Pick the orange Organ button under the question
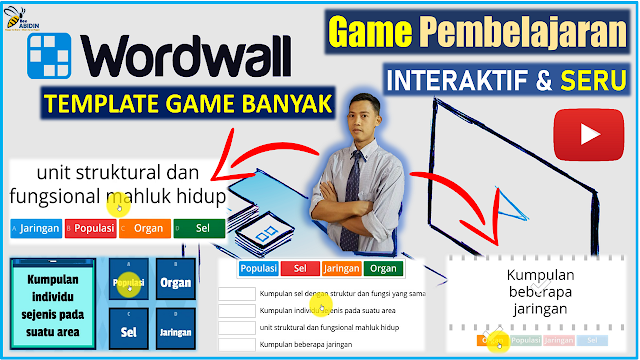pyautogui.click(x=144, y=228)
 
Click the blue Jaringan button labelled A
pyautogui.click(x=36, y=228)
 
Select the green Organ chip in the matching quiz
pyautogui.click(x=382, y=268)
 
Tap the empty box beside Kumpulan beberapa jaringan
pyautogui.click(x=237, y=344)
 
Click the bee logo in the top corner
pyautogui.click(x=22, y=17)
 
